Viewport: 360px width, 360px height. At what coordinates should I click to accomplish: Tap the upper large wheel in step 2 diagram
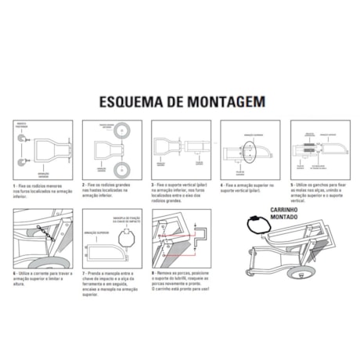click(x=121, y=130)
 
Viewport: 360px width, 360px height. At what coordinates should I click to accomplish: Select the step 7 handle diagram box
click(x=111, y=239)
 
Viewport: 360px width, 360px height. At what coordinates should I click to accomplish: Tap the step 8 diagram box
click(x=180, y=239)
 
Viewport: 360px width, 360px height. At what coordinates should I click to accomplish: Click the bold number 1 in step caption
click(x=14, y=185)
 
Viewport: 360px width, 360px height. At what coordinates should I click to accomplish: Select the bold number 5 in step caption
click(x=291, y=185)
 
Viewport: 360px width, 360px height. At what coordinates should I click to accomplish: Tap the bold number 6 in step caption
click(x=14, y=274)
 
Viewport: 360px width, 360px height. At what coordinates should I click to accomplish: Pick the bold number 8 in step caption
click(x=153, y=274)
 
